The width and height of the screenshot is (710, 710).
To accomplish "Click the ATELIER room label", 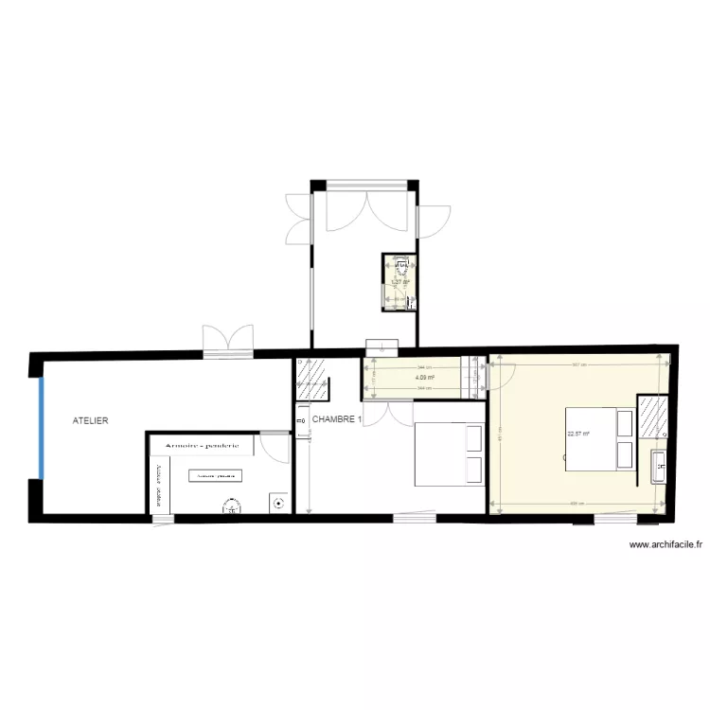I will pos(92,419).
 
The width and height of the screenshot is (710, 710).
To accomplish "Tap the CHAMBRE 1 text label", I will pos(337,419).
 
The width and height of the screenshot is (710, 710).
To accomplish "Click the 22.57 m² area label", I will pos(577,435).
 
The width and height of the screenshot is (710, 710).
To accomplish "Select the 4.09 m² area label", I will pos(425,378).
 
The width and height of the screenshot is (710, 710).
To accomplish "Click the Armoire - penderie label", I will pos(202,444).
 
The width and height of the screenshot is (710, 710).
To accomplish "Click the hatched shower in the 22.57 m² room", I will pos(650,417).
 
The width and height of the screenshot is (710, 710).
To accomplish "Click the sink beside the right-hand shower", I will pos(659,465).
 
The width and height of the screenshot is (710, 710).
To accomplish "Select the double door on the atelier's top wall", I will pos(228,338).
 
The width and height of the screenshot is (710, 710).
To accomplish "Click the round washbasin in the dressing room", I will pos(229,506).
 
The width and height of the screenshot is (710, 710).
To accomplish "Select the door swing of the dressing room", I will pos(275,446).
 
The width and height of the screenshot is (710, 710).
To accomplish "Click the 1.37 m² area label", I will pos(400,281).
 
